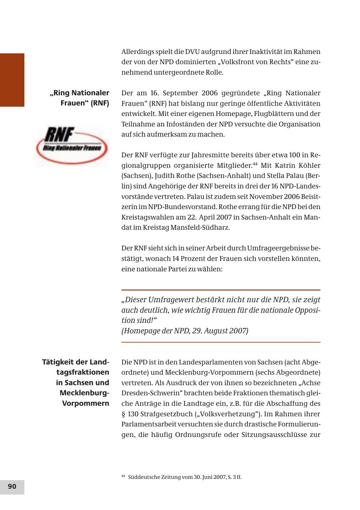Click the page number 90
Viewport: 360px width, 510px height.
[x=12, y=486]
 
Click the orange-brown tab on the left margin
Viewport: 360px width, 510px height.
[x=12, y=80]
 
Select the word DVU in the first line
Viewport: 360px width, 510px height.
[x=192, y=52]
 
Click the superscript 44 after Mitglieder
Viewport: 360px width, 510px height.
[x=254, y=163]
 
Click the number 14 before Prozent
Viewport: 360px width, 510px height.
[x=177, y=259]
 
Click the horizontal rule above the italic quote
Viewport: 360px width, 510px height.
[x=221, y=290]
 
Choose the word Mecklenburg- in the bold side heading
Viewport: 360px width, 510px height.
[x=84, y=393]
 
